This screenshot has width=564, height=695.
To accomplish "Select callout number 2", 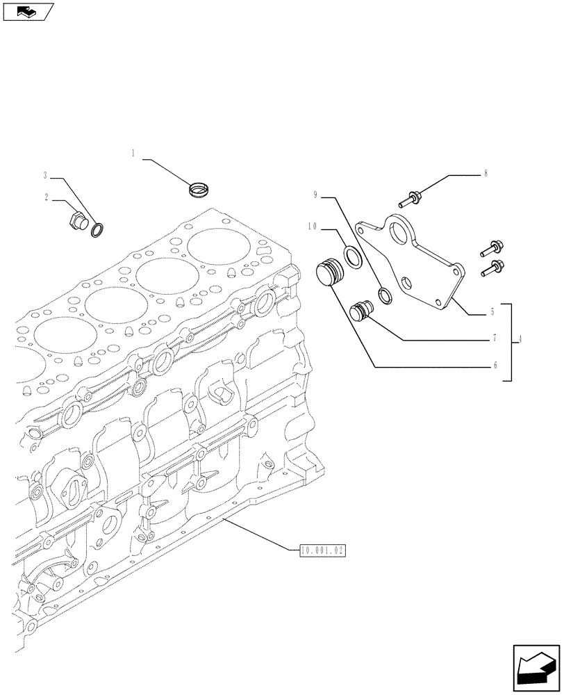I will click(x=47, y=197).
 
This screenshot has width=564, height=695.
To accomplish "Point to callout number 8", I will click(x=486, y=173).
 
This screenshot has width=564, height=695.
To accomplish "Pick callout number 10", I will click(x=312, y=226).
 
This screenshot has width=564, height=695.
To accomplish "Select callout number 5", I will click(x=493, y=313).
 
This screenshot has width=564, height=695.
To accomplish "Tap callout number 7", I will click(x=493, y=338).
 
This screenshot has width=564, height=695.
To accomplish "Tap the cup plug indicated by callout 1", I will click(x=200, y=188).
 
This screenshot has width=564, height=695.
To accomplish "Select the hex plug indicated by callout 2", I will click(x=76, y=223).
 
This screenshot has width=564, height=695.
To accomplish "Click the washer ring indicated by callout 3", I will click(x=98, y=227).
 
